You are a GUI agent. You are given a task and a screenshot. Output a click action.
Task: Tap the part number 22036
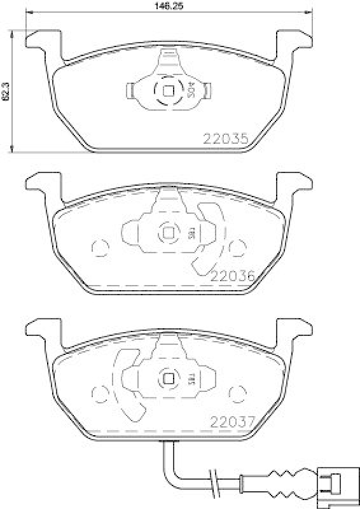tap(232, 275)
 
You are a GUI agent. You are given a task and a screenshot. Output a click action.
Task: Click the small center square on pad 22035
tap(169, 90)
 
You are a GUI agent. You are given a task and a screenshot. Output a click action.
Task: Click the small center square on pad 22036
tap(169, 233)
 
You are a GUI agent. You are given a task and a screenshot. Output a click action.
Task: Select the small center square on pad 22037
tap(169, 378)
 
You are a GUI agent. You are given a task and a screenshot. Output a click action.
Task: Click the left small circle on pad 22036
tap(99, 247)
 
